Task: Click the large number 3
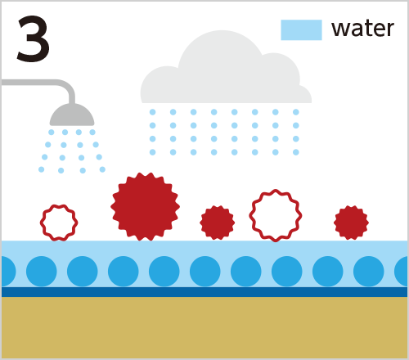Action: click(x=34, y=38)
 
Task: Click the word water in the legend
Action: click(x=362, y=29)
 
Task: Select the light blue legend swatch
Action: click(x=301, y=30)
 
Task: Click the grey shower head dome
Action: click(x=72, y=116)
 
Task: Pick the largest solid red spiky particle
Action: click(x=145, y=206)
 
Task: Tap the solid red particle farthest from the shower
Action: click(x=351, y=223)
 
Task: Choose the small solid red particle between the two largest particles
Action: click(x=218, y=223)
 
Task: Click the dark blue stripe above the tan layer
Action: click(x=204, y=292)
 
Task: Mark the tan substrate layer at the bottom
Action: click(x=204, y=327)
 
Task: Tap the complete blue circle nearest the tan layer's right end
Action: click(x=369, y=272)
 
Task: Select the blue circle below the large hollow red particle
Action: click(x=287, y=272)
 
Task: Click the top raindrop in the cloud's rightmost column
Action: click(x=296, y=112)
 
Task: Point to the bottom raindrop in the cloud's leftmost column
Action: click(x=153, y=152)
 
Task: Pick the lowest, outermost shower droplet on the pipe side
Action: click(x=42, y=169)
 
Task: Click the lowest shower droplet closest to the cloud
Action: click(x=102, y=169)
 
